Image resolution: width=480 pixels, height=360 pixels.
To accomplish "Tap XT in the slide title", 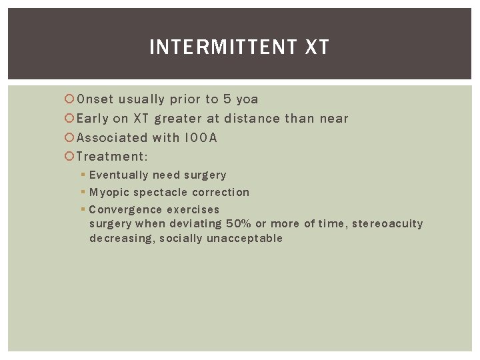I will [317, 47].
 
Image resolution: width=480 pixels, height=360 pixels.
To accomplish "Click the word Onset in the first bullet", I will [95, 99].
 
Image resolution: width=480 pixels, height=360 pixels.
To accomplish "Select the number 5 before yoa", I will [227, 99].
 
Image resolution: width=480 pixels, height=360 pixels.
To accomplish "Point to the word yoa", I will [247, 99].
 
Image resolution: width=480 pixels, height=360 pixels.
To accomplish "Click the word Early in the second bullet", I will [93, 119].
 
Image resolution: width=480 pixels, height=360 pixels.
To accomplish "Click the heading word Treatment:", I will [112, 157].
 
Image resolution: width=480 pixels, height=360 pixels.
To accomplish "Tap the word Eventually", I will [119, 175].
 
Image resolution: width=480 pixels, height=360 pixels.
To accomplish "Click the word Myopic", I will [109, 193].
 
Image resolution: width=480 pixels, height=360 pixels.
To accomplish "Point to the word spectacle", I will [160, 193].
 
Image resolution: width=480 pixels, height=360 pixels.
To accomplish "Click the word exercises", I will [193, 209].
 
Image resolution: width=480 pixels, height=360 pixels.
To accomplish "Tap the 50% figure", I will [239, 224].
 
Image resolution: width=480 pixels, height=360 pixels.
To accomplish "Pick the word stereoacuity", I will [387, 224].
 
